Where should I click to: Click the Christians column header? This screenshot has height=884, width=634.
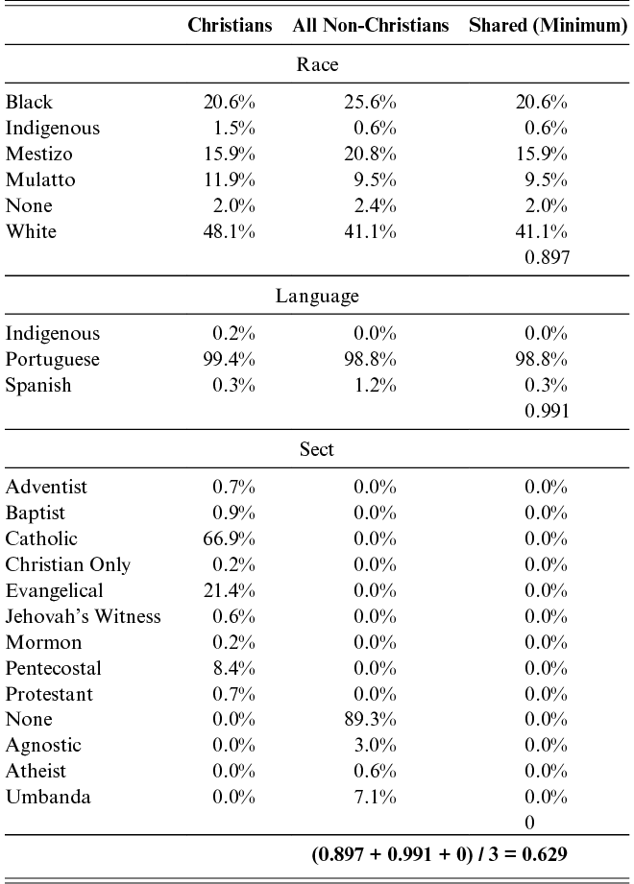tap(230, 25)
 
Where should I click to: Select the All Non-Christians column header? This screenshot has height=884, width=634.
tap(371, 25)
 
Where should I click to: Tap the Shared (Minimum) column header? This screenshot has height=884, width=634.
tap(549, 25)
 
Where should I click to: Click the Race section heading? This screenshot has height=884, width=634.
tap(318, 64)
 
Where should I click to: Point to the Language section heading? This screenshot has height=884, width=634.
tap(317, 296)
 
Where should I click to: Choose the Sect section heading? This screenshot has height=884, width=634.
tap(316, 449)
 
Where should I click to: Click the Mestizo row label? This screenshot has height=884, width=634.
tap(39, 154)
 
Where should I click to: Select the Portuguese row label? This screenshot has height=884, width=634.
tap(53, 360)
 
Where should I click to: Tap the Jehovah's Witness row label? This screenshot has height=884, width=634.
tap(83, 616)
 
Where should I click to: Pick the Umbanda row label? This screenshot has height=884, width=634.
tap(48, 798)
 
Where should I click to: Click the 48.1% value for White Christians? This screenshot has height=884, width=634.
tap(229, 231)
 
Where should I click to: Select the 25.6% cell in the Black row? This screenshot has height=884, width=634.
tap(370, 102)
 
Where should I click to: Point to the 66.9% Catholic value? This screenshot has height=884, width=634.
tap(229, 539)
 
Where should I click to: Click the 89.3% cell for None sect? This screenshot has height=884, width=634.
tap(370, 720)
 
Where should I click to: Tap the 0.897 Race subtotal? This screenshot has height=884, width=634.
tap(548, 257)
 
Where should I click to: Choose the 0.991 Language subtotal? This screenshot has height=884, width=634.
tap(548, 411)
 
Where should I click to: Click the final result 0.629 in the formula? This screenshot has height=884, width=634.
tap(545, 854)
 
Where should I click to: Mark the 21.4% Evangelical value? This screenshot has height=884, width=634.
tap(229, 591)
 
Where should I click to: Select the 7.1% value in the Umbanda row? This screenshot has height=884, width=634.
tap(375, 798)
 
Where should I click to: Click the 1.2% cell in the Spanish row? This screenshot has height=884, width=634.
tap(375, 386)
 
